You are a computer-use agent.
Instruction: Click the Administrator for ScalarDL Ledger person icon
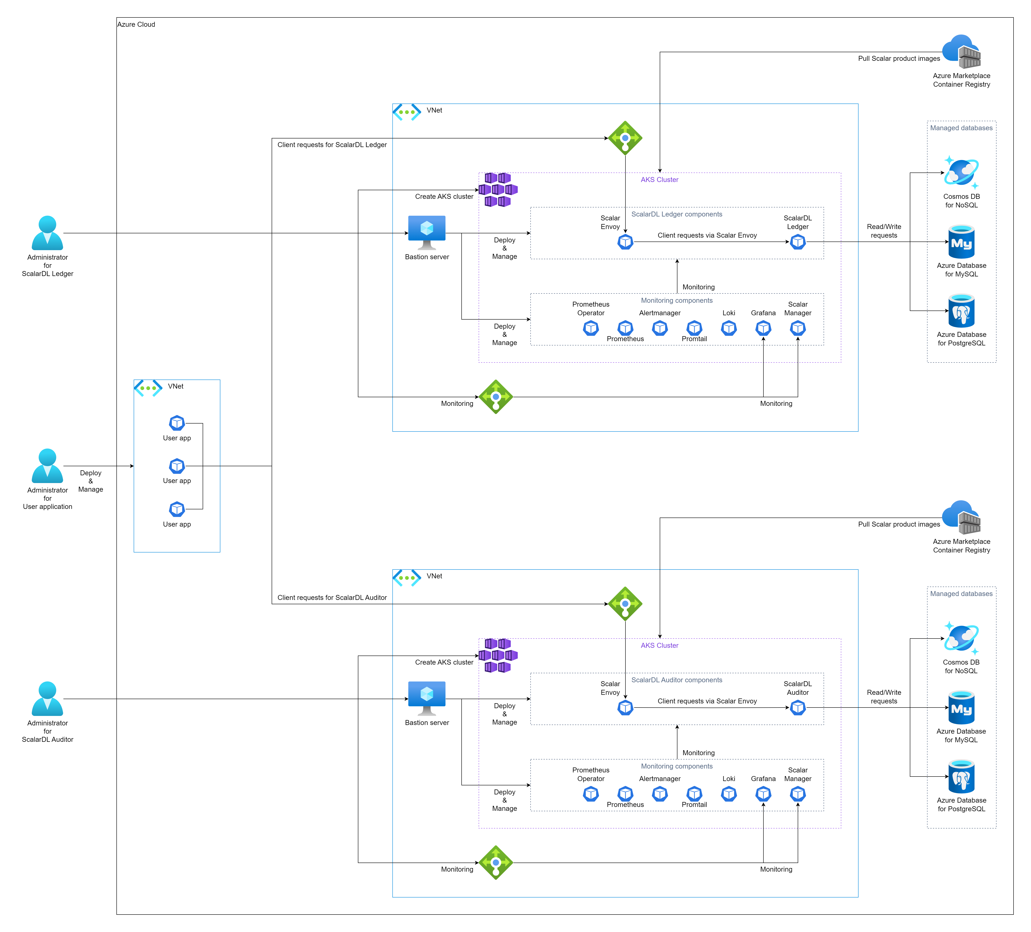point(48,233)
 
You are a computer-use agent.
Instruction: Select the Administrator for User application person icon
point(48,466)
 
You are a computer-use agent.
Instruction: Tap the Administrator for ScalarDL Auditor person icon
point(48,699)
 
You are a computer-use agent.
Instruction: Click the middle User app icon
point(177,466)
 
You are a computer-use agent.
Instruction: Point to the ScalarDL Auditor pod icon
point(798,708)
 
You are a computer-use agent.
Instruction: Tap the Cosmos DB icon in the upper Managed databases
point(961,172)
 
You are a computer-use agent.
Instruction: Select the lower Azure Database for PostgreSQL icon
point(961,777)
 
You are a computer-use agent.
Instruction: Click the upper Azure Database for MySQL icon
point(961,242)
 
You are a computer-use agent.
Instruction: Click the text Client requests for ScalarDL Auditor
point(332,598)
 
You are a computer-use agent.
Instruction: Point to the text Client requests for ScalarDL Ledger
point(332,145)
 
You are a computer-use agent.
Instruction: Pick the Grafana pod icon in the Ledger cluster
point(763,328)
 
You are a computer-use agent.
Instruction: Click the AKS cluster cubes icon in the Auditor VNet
point(498,655)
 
